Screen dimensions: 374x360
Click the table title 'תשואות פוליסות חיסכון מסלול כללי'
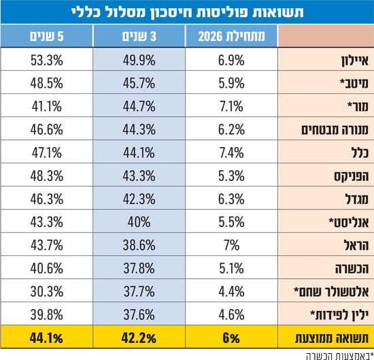188,12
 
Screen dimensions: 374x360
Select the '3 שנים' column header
139,37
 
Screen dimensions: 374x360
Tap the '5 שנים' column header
47,37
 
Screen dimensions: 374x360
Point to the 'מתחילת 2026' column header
231,37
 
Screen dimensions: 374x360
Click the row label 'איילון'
355,61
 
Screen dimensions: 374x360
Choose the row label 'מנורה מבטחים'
335,129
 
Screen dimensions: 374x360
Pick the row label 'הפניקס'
351,176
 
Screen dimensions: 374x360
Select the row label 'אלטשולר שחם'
331,292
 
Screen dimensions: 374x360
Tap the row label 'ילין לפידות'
339,315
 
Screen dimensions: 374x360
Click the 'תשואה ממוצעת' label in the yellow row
332,338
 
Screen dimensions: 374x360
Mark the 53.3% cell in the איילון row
47,60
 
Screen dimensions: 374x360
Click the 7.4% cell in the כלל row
231,153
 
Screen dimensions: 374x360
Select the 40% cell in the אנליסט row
139,222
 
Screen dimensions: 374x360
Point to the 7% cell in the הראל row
231,245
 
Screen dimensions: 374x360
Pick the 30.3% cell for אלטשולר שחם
47,291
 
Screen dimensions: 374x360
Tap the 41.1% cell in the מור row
47,106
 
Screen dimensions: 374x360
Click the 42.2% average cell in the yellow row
139,338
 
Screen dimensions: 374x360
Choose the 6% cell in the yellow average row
231,338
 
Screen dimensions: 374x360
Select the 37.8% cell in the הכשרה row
139,268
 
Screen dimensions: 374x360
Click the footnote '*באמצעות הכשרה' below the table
340,356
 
